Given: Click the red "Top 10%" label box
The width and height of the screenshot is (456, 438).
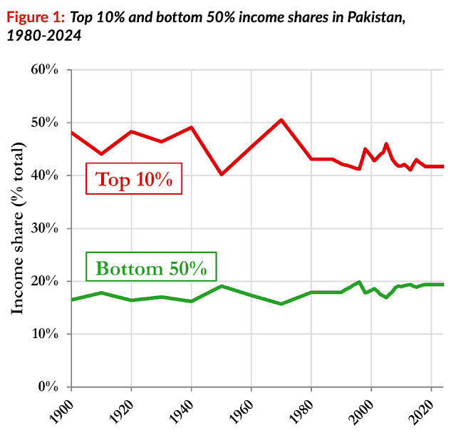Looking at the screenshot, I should pos(133,179).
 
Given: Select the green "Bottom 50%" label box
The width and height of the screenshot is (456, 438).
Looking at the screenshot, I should pos(151,269).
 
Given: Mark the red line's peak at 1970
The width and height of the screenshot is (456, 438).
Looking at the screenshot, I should pos(281,120).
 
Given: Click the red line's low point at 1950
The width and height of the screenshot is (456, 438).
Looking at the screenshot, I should pos(221,174).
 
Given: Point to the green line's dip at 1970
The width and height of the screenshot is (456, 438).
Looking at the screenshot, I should pos(281,304).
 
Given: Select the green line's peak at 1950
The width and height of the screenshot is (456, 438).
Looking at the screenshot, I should pos(221,286).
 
